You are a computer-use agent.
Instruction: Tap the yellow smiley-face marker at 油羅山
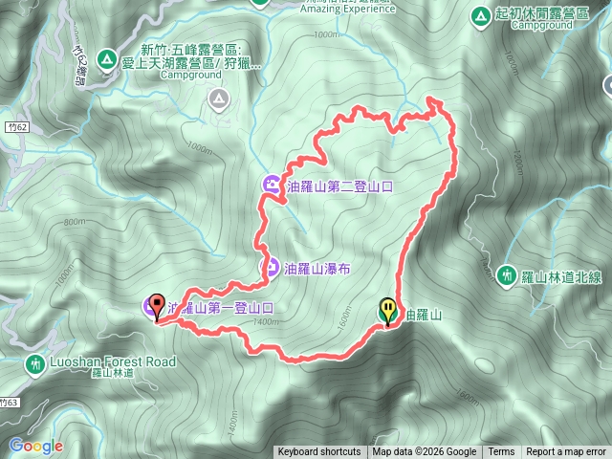coord(387,311)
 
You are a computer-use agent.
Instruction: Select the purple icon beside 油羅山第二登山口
coord(272,185)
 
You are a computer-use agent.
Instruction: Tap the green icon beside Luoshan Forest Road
coord(34,363)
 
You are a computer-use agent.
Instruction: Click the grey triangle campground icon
coord(220,98)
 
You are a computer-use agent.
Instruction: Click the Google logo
coord(35,446)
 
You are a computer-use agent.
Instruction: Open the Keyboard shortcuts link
coord(318,452)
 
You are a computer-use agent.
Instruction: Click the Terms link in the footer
coord(501,452)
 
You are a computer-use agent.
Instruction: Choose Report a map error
coord(566,452)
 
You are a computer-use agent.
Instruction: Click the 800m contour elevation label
coord(74,223)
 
